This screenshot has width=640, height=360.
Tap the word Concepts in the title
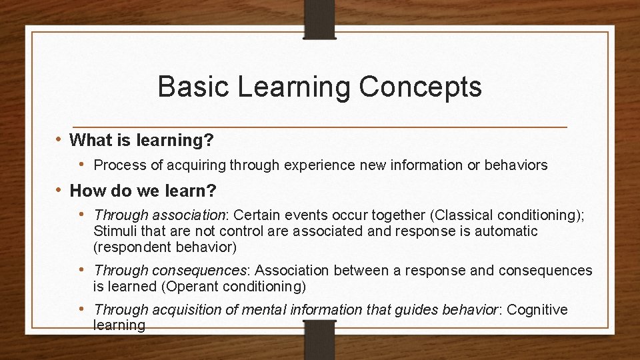[x=420, y=87]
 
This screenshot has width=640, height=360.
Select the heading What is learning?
[x=141, y=140]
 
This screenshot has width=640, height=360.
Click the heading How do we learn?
[x=143, y=191]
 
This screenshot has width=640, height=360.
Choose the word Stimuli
[x=114, y=231]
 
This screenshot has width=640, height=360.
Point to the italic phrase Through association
[x=159, y=215]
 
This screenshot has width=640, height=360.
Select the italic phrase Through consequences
[x=170, y=271]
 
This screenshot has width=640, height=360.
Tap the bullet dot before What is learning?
[x=60, y=140]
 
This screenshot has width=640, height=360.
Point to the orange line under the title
[x=320, y=127]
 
